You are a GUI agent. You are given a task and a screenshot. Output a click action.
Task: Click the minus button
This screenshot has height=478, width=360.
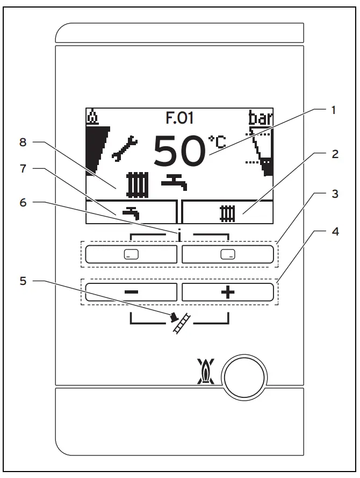click(131, 292)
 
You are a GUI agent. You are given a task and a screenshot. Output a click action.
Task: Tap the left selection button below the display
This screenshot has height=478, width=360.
click(131, 254)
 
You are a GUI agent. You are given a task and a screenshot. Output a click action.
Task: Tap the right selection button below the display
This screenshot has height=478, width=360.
click(228, 254)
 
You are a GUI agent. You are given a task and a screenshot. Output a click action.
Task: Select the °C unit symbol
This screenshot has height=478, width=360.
click(217, 142)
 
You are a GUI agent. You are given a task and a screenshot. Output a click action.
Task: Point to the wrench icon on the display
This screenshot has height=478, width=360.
click(125, 149)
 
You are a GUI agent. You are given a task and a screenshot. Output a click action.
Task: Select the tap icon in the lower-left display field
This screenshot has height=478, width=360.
click(131, 212)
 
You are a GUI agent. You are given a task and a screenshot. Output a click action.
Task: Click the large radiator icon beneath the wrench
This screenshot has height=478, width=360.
click(136, 183)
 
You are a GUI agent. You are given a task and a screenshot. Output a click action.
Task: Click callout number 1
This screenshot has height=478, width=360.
click(333, 110)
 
